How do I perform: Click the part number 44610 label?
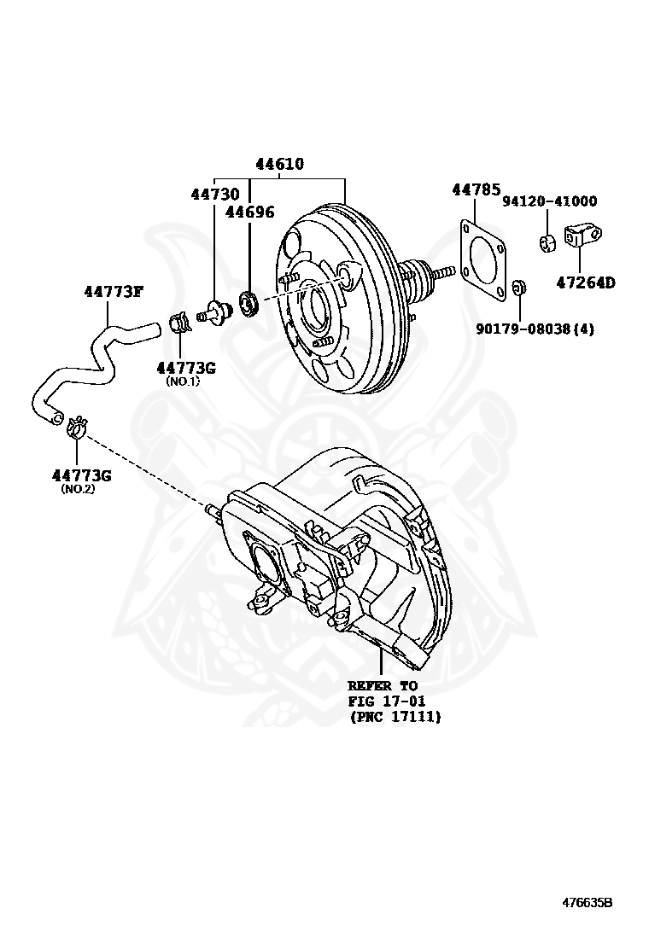[x=279, y=165]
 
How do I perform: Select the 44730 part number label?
[x=214, y=195]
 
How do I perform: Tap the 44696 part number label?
[x=249, y=212]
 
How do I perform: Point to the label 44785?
[x=476, y=190]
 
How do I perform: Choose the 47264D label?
[x=586, y=282]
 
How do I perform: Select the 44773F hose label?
[x=113, y=292]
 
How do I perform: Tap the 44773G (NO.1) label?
[x=184, y=368]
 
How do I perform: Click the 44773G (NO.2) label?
[x=80, y=474]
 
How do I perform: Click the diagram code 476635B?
[x=587, y=903]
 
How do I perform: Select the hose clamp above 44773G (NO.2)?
[x=76, y=426]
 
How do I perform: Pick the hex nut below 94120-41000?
[x=548, y=242]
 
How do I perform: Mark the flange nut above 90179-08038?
[x=517, y=287]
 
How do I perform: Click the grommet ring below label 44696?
[x=249, y=301]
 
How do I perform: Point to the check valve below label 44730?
[x=216, y=311]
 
